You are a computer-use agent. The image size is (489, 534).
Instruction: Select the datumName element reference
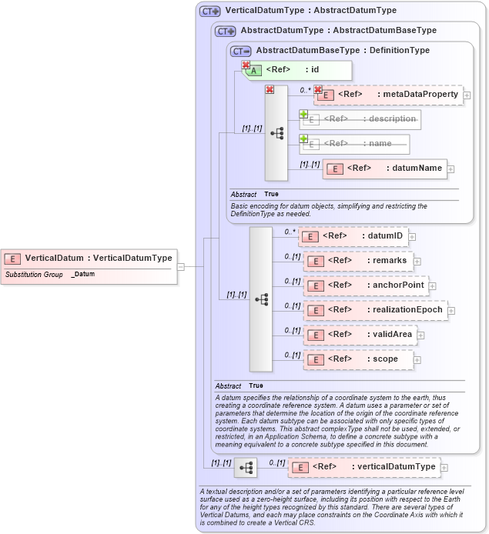point(384,169)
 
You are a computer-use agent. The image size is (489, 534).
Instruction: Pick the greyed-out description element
point(360,119)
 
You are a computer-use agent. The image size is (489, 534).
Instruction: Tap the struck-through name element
point(354,144)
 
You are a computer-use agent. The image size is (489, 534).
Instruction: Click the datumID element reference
point(353,236)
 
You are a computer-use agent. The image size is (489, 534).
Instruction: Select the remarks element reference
point(358,261)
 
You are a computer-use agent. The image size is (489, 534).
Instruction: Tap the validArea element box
point(360,335)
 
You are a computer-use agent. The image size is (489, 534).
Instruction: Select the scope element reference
point(358,359)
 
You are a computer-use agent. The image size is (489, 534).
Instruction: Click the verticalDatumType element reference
point(363,467)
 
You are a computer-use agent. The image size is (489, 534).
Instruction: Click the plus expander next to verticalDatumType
point(444,467)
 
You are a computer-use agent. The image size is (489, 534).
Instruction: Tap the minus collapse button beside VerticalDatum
point(180,266)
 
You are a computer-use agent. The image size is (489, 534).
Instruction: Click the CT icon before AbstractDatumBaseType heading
point(241,51)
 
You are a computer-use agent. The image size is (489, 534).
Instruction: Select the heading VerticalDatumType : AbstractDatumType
point(310,11)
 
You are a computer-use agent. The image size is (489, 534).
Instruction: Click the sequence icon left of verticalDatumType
point(246,467)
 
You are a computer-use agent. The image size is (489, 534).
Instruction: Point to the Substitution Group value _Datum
point(83,274)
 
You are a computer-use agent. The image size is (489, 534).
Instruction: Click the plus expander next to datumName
point(451,169)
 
